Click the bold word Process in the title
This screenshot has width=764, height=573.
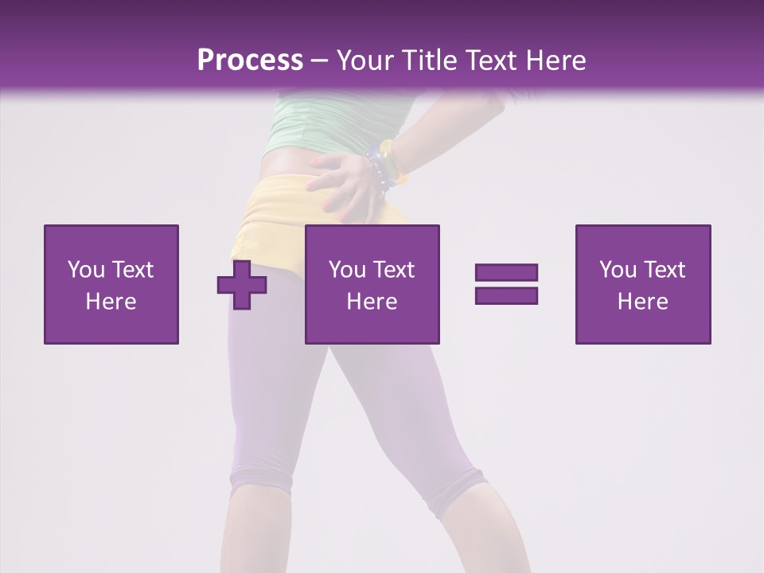click(x=250, y=60)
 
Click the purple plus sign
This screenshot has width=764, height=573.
click(x=242, y=285)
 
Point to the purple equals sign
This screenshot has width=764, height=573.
click(x=506, y=284)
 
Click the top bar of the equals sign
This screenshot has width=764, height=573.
click(x=506, y=273)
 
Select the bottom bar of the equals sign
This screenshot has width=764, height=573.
click(x=506, y=295)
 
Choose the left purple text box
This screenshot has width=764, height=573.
click(x=111, y=284)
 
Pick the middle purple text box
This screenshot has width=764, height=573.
click(x=372, y=284)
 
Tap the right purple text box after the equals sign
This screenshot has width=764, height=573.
click(x=643, y=284)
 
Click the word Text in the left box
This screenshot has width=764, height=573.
click(x=133, y=270)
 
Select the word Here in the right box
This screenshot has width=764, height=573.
click(x=643, y=302)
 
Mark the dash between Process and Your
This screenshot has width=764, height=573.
click(x=319, y=60)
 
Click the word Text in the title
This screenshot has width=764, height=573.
click(x=486, y=60)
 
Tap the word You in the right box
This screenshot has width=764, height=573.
click(x=618, y=270)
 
